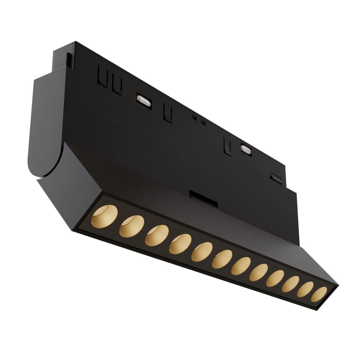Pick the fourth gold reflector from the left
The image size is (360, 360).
point(180,243)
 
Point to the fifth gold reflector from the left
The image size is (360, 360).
point(202,251)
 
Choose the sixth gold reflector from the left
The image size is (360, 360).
point(222,258)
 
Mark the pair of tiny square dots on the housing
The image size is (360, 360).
point(199,120)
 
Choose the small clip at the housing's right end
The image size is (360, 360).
point(276,177)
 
